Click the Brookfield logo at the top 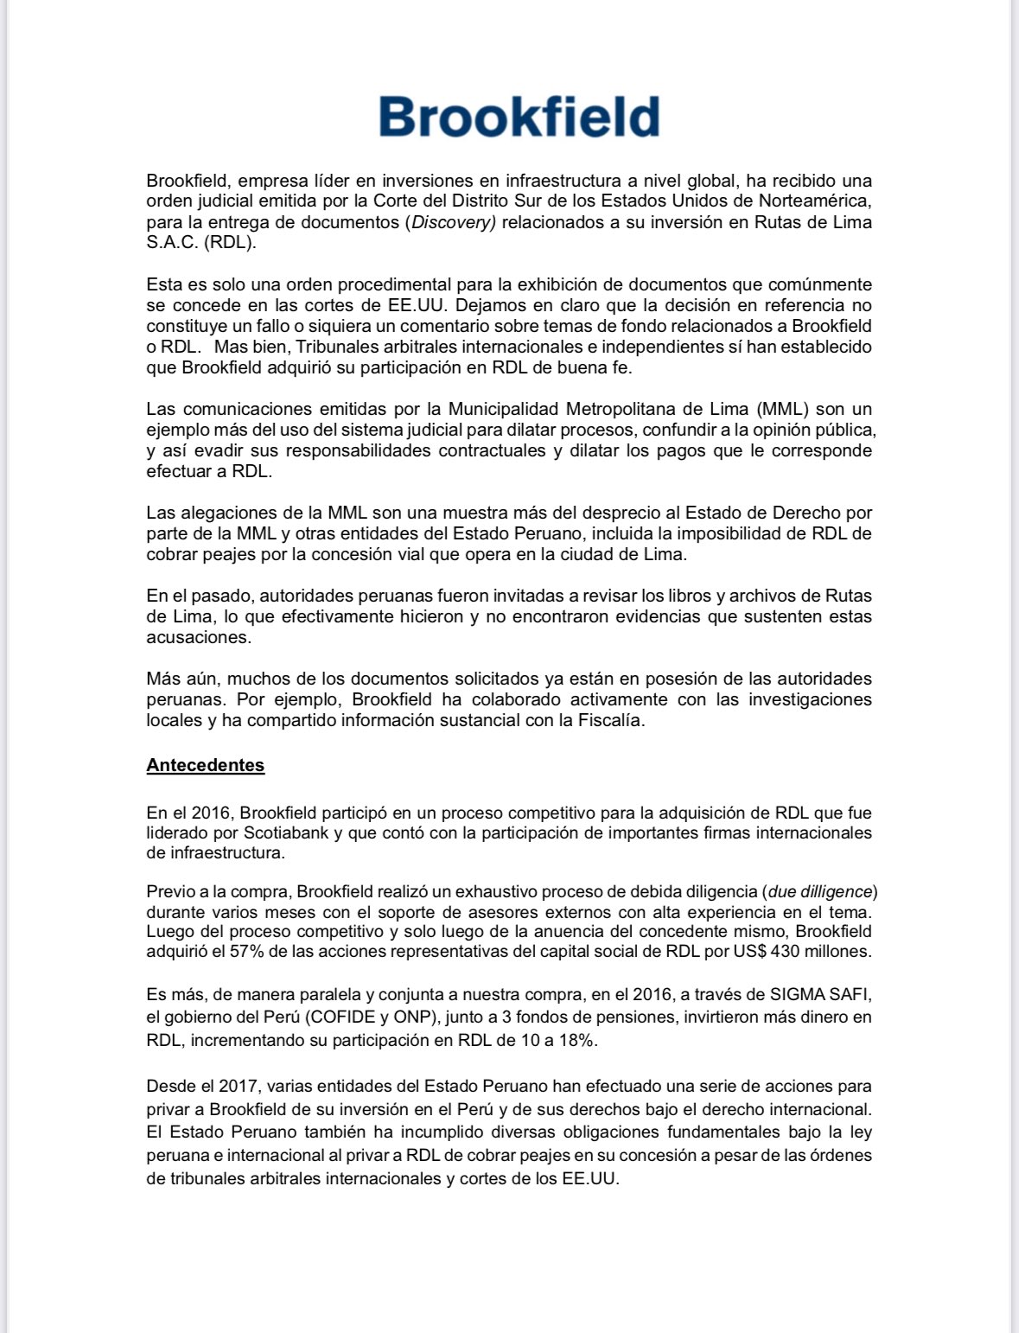(519, 117)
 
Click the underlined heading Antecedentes (205, 765)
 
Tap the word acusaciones (199, 637)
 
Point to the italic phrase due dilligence (820, 891)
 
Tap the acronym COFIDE (341, 1017)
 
